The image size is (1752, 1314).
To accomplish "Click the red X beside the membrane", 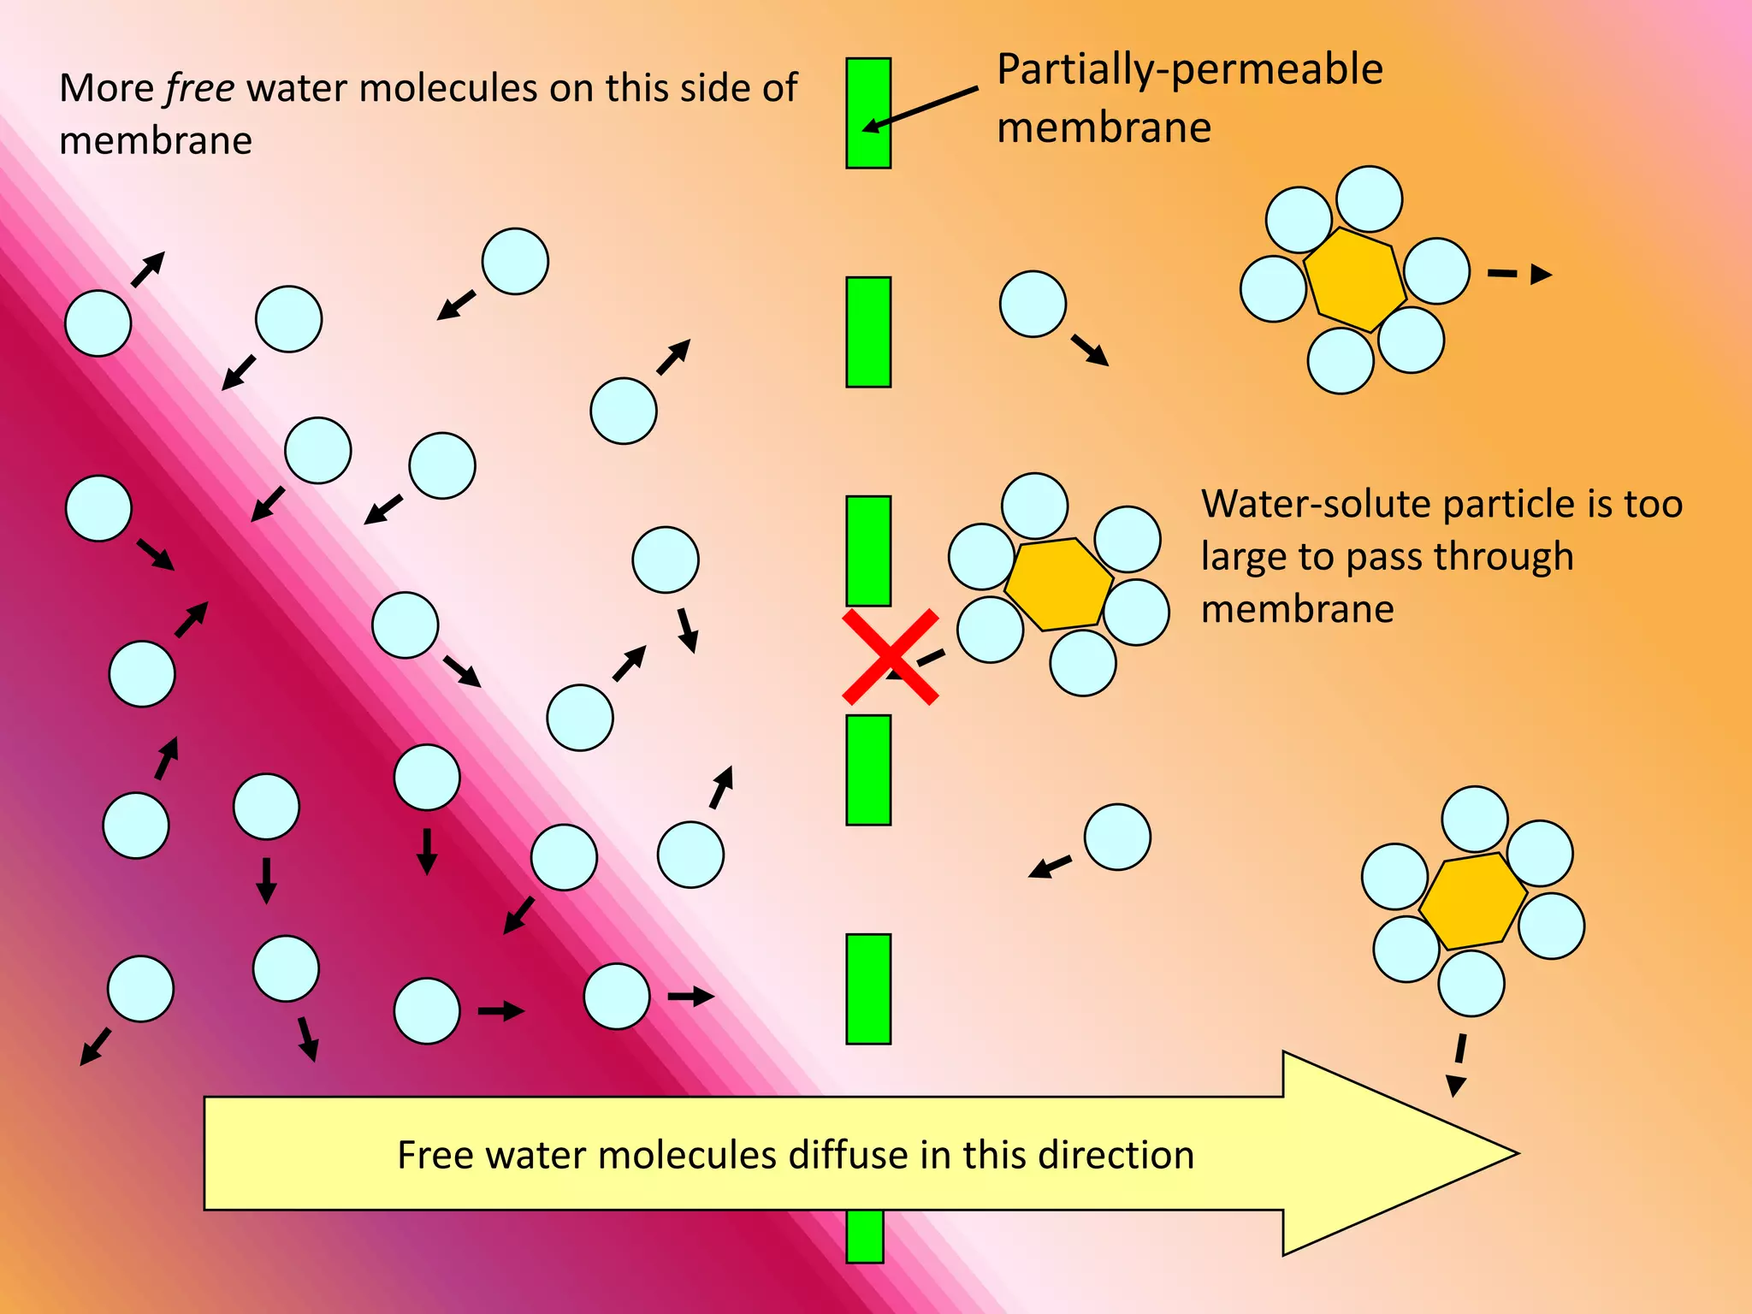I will (890, 657).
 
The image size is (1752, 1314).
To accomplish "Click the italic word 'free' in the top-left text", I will (199, 89).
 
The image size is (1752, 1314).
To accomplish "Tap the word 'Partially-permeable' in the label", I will (1190, 69).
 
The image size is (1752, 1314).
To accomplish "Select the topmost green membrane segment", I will (868, 113).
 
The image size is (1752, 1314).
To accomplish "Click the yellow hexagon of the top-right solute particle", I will (1354, 280).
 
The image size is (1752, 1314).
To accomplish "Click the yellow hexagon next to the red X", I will (1059, 584).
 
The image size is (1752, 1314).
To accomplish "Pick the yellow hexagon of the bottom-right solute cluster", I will (1473, 901).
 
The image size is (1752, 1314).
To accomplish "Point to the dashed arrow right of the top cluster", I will (1519, 274).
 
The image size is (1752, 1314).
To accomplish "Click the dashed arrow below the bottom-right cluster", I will (1458, 1065).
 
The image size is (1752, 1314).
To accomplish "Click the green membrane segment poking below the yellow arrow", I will (864, 1236).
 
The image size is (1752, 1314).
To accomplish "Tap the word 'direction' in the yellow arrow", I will (1116, 1156).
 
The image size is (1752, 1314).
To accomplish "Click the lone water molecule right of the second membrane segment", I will (1033, 304).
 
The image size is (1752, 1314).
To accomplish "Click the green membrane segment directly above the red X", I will (868, 551).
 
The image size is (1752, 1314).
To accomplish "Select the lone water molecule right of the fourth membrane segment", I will (1116, 837).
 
